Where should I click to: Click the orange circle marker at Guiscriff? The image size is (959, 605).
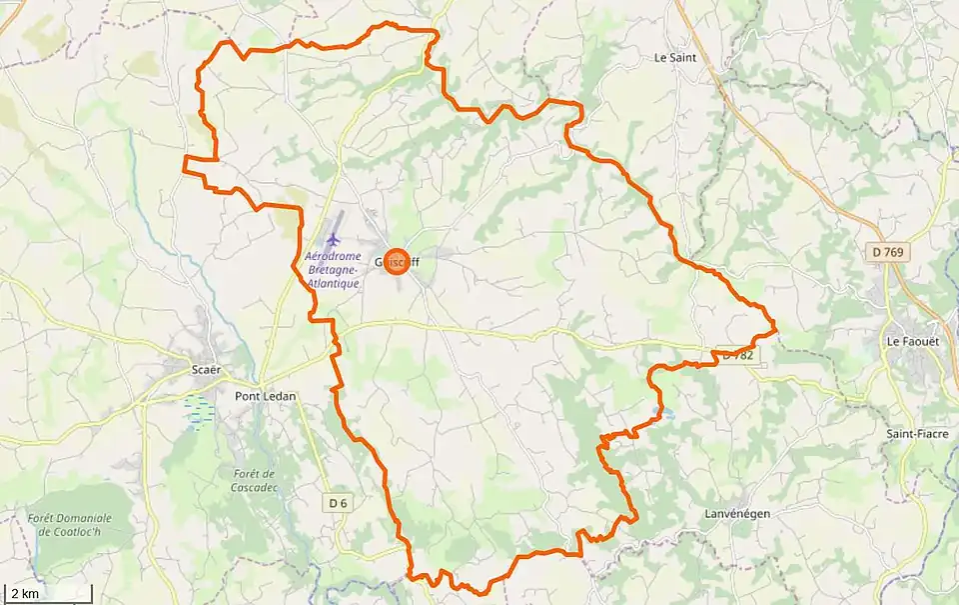tap(397, 262)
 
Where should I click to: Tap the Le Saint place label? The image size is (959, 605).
tap(675, 58)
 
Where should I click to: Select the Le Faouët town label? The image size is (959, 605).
tap(912, 341)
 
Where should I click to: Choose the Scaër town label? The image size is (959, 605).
tap(206, 369)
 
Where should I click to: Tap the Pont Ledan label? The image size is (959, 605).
tap(266, 396)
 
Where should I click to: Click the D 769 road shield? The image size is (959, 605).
tap(887, 253)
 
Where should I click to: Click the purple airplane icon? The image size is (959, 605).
tap(333, 239)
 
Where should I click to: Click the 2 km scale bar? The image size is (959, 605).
tap(40, 594)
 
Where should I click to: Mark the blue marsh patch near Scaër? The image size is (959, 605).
tap(199, 410)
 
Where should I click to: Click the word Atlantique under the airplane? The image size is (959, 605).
tap(333, 283)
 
